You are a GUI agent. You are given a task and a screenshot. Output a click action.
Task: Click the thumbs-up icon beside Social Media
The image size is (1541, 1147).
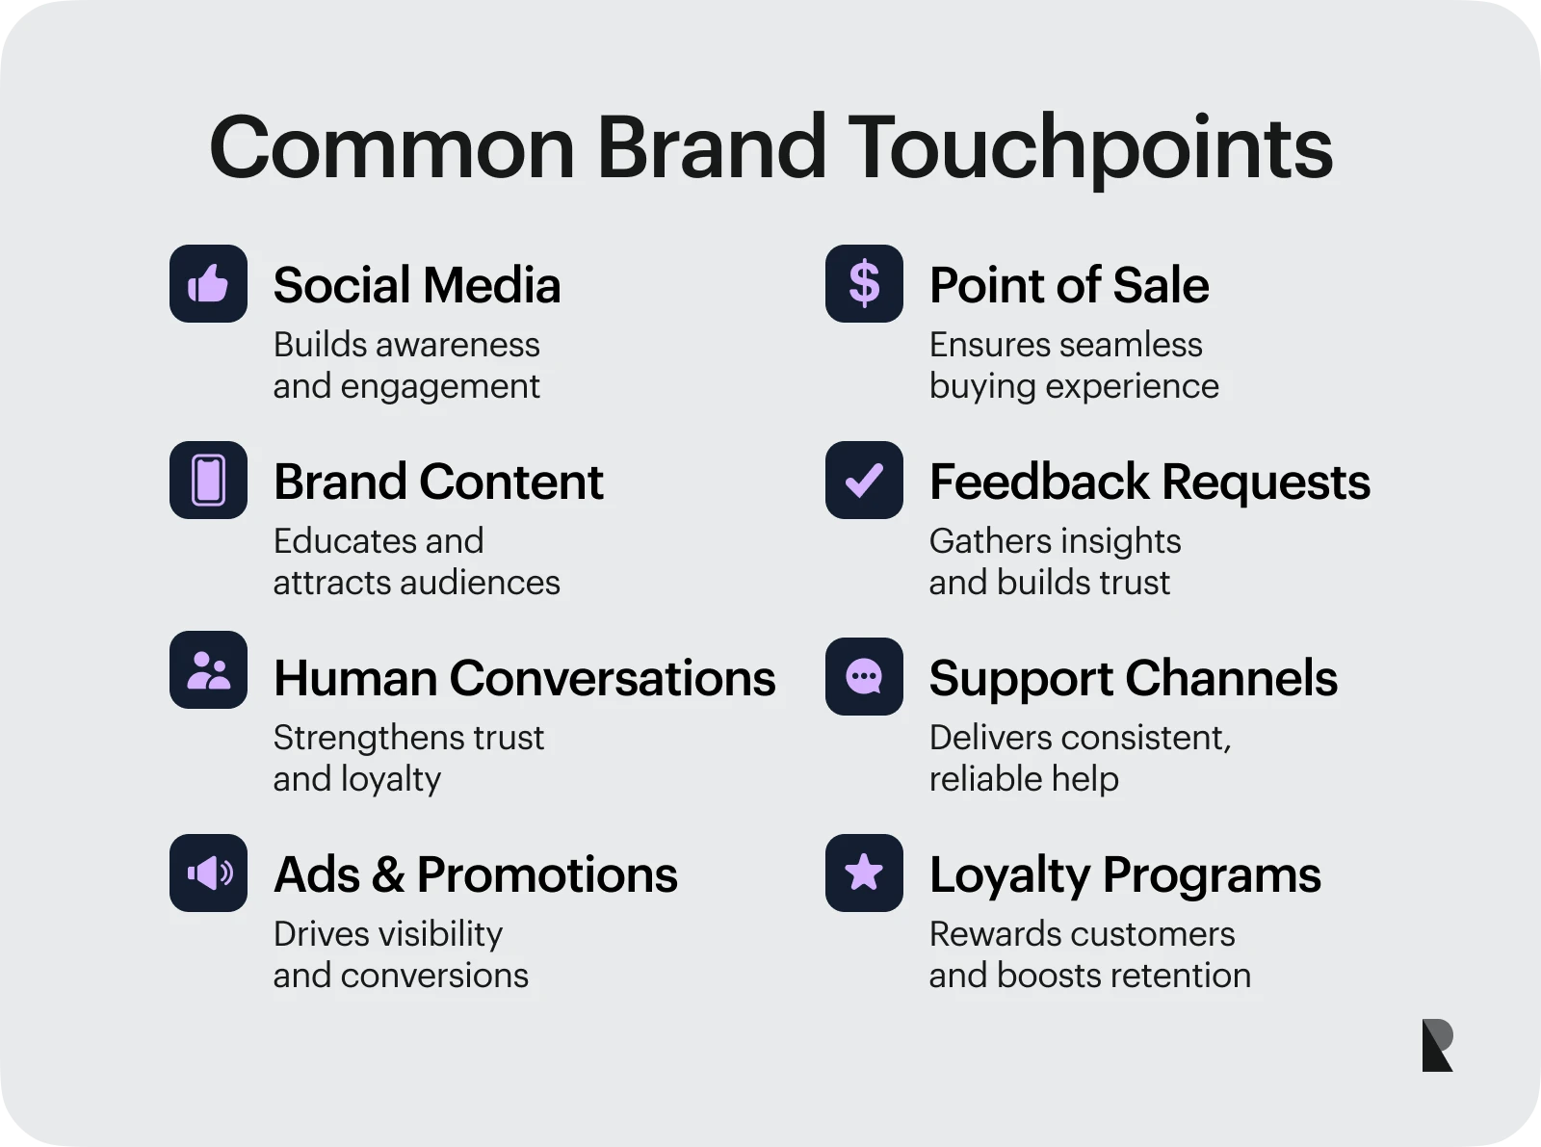point(208,283)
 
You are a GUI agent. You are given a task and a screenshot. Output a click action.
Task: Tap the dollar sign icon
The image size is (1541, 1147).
point(864,283)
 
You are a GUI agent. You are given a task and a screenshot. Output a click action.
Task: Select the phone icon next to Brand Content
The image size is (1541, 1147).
point(208,480)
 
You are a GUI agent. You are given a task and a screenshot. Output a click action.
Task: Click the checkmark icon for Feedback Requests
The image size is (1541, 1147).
point(864,480)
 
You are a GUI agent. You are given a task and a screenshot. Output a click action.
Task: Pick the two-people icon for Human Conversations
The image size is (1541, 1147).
point(208,669)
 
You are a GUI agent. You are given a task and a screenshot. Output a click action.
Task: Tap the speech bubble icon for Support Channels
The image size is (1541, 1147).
point(864,677)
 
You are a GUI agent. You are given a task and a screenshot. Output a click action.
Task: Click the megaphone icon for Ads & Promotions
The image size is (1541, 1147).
point(208,873)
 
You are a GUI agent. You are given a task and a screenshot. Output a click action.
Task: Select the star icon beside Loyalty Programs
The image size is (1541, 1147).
point(864,873)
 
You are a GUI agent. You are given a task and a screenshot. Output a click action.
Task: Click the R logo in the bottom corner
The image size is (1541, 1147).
point(1438,1046)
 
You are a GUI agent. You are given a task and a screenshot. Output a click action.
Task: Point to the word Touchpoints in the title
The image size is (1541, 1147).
point(1090,148)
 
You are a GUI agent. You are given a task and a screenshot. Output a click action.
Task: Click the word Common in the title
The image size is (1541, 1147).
point(392,148)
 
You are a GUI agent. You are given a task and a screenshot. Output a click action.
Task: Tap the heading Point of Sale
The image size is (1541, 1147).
point(1069,285)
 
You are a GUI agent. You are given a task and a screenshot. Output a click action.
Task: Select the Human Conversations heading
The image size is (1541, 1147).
point(525,678)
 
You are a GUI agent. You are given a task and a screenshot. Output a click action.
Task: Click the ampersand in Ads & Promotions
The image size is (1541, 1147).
point(388,874)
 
